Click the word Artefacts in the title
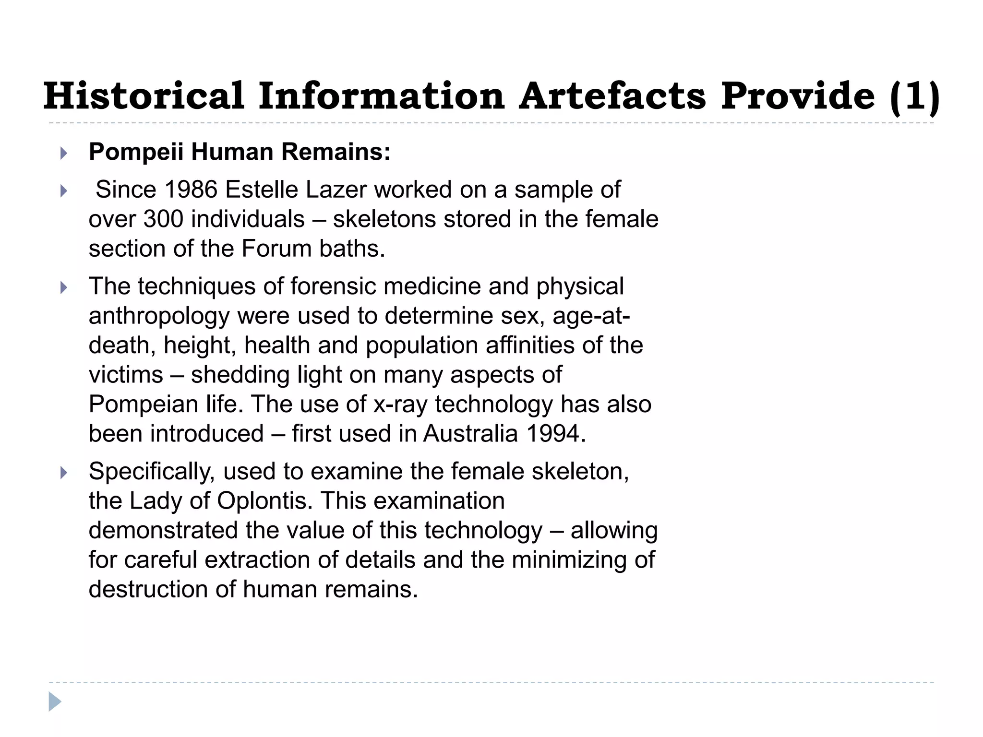(x=612, y=96)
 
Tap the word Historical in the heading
(x=144, y=96)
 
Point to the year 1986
(x=191, y=190)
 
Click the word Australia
(x=470, y=434)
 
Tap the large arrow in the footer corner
(x=55, y=701)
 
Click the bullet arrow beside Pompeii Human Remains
(x=63, y=154)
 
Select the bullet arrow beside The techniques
(x=63, y=288)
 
